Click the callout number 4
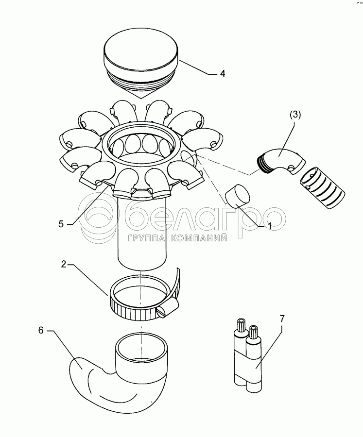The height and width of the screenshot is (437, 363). (222, 74)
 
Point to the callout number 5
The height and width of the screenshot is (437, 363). (61, 224)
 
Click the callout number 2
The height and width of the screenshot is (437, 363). (64, 265)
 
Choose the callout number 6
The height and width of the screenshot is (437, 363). (41, 330)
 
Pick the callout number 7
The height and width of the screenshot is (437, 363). (282, 319)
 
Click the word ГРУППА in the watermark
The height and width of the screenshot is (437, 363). (146, 238)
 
